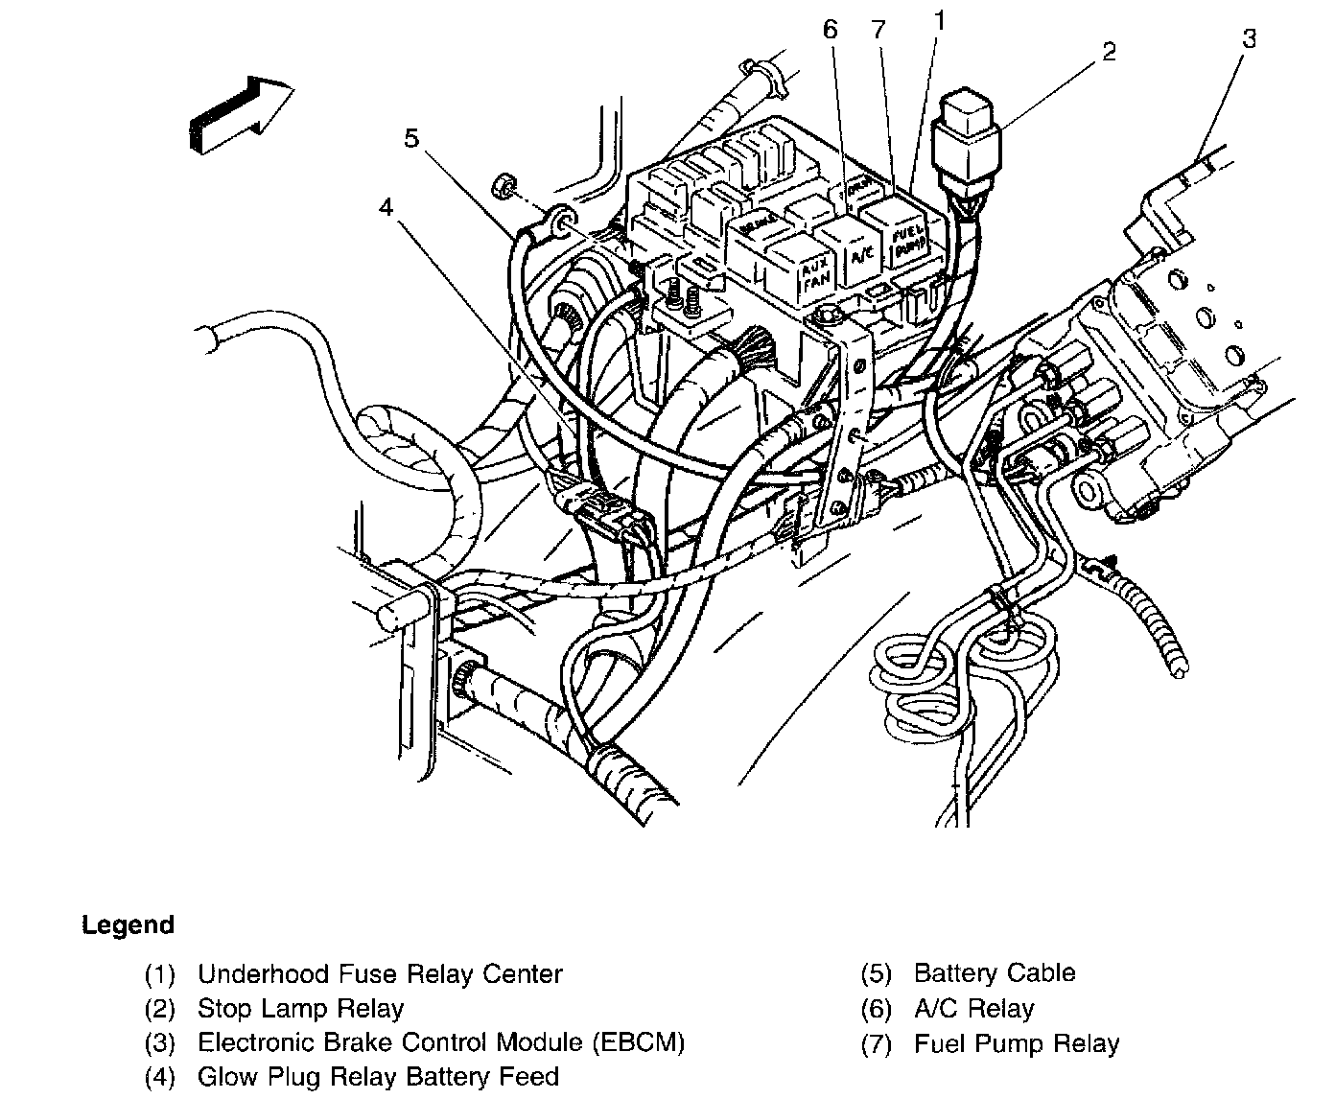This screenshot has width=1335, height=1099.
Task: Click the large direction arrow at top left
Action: coord(241,115)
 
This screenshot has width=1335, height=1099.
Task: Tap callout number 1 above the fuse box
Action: coord(941,18)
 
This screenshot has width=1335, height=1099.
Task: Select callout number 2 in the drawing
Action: coord(1109,51)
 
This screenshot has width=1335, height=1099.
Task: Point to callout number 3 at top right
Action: coord(1249,39)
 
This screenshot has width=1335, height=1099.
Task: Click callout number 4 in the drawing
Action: coord(386,206)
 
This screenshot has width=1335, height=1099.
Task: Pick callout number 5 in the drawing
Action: coord(411,138)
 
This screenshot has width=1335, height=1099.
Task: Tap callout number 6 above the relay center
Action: coord(830,29)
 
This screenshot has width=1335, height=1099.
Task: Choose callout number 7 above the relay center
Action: coord(878,29)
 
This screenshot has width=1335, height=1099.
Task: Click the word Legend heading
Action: coord(129,925)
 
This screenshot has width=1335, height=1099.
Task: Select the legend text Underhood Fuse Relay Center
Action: coord(380,974)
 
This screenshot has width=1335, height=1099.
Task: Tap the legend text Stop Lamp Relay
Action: coord(300,1009)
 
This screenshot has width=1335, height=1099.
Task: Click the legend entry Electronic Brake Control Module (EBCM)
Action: coord(441,1042)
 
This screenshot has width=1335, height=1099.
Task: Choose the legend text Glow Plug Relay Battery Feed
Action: coord(378,1077)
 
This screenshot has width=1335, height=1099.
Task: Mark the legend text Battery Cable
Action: coord(995,973)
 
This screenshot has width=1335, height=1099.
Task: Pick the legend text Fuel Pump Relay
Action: coord(1017,1043)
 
